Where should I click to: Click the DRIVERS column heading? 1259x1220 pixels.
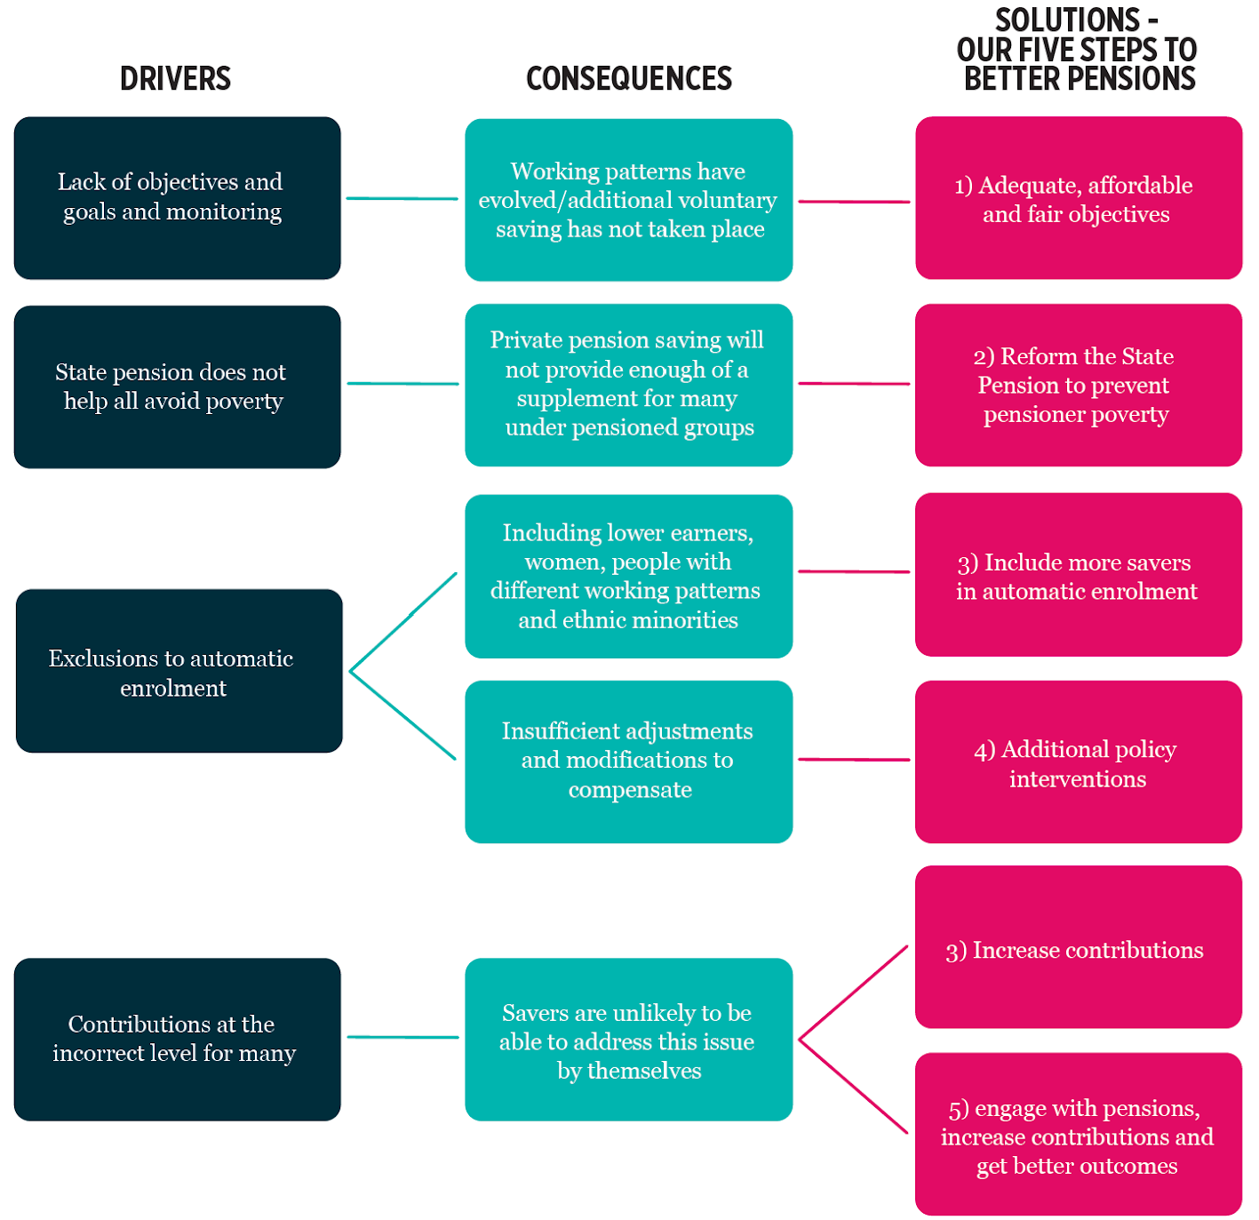tap(175, 79)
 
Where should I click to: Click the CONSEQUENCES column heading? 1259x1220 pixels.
tap(628, 79)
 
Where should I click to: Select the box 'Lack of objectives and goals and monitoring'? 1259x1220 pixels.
tap(177, 198)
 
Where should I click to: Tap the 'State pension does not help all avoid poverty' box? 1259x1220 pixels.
tap(177, 387)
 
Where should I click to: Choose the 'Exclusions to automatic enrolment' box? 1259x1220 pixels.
tap(179, 671)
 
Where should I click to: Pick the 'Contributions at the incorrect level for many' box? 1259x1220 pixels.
tap(177, 1039)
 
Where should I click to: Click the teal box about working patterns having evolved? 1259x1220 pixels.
tap(628, 200)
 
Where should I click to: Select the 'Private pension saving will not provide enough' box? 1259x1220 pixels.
tap(628, 385)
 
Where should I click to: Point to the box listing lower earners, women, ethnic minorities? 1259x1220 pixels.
tap(628, 576)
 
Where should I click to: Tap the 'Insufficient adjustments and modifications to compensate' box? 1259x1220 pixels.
tap(628, 762)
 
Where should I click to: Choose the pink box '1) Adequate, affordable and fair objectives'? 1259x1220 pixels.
tap(1078, 198)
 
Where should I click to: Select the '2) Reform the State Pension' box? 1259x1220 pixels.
tap(1078, 385)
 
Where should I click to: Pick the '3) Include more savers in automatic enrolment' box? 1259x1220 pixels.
tap(1078, 575)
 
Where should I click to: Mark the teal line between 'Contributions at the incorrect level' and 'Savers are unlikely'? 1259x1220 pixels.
tap(402, 1037)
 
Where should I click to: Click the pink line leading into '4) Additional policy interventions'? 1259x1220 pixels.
tap(853, 760)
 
